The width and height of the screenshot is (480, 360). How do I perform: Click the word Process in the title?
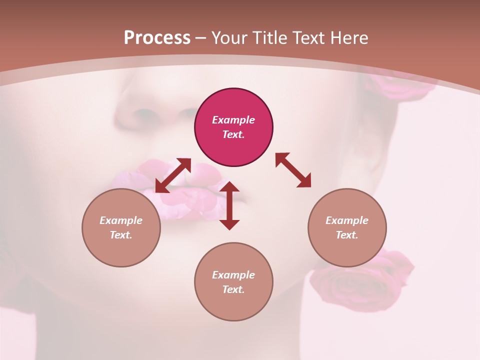pyautogui.click(x=157, y=38)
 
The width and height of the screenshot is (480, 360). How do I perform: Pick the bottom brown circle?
pyautogui.click(x=233, y=305)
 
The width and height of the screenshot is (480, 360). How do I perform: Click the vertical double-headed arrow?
pyautogui.click(x=229, y=205)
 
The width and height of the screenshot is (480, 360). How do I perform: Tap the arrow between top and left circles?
pyautogui.click(x=173, y=175)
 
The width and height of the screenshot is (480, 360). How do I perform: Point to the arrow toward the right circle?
pyautogui.click(x=293, y=170)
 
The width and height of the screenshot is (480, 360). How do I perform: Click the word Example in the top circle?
pyautogui.click(x=233, y=120)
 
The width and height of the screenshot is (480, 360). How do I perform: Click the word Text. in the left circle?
pyautogui.click(x=121, y=235)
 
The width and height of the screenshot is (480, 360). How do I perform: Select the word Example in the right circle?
pyautogui.click(x=347, y=220)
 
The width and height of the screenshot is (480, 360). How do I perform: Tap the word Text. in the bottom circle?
pyautogui.click(x=233, y=289)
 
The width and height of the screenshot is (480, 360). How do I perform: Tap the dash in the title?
pyautogui.click(x=201, y=38)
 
